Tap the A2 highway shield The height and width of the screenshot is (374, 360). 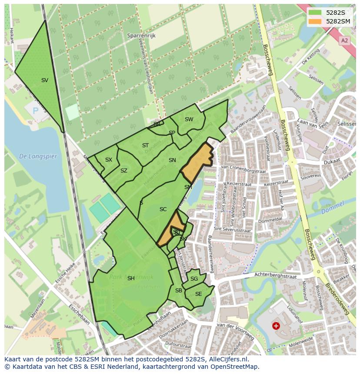point(344,40)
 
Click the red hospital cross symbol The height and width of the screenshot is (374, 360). point(276,325)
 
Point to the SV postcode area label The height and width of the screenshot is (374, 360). point(45,80)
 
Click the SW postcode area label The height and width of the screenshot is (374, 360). point(189,119)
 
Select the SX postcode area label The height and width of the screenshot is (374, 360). point(109,160)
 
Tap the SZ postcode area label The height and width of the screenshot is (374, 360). point(124,171)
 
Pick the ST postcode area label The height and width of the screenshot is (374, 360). point(145,146)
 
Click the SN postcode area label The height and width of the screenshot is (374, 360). point(172,160)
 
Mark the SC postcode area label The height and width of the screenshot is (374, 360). point(163,209)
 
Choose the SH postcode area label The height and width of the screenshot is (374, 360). point(131,278)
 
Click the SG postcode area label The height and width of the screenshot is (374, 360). point(194,279)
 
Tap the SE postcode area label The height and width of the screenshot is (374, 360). point(198,294)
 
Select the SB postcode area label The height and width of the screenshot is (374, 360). point(178,291)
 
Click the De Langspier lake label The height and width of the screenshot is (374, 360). point(38,156)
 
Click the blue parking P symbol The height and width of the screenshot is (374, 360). point(36,111)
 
